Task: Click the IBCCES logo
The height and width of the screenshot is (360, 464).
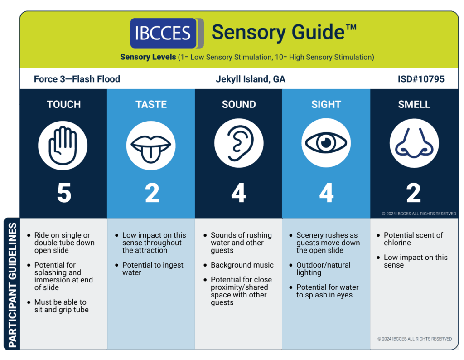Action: tap(167, 33)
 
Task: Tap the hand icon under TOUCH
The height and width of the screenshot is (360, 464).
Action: tap(63, 146)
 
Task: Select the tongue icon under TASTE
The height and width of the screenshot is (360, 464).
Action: tap(151, 146)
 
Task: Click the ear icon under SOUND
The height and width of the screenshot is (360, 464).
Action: tap(239, 143)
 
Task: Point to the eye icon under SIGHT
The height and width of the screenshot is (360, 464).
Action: tap(326, 143)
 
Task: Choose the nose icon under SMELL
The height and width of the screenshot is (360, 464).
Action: tap(414, 143)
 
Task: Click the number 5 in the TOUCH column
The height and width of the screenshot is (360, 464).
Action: tap(64, 193)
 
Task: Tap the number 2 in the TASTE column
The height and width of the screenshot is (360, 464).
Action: tap(152, 193)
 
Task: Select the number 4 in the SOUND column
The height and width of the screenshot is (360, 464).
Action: tap(238, 193)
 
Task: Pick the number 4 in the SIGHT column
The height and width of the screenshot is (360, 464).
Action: tap(326, 193)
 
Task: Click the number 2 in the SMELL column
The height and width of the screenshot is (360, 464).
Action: tap(413, 193)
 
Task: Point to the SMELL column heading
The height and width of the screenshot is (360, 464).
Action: tap(414, 104)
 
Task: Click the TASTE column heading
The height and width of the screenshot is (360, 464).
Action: tap(151, 104)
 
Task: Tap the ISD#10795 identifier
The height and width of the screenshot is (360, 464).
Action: tap(421, 79)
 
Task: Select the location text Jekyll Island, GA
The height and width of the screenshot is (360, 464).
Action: tap(250, 79)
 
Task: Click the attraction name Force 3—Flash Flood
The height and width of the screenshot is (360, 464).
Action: tap(77, 79)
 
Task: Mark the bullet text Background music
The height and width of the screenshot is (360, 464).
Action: tap(242, 265)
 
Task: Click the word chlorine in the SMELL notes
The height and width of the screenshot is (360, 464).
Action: tap(397, 243)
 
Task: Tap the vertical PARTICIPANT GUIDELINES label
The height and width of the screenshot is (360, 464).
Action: tap(12, 285)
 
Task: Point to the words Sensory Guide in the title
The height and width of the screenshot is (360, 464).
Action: tap(278, 32)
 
